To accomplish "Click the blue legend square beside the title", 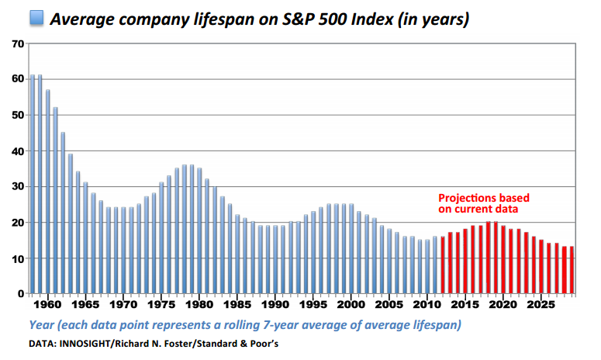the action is coord(36,18).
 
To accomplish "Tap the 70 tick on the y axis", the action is coord(18,44).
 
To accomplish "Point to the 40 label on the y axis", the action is coord(18,151).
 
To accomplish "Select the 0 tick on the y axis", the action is coord(21,294).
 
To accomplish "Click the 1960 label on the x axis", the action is coord(47,305).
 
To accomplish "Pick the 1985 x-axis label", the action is coord(237,305).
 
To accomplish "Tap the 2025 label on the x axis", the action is coord(541,305).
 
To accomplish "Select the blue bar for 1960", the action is coord(48,192).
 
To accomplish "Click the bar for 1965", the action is coord(85,238).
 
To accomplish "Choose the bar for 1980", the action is coord(199,230).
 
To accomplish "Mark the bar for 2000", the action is coord(351,249).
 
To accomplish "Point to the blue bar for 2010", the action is coord(427,267).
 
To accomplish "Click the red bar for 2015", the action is coord(465,261).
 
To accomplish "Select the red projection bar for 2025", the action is coord(541,267).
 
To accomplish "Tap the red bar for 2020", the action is coord(503,260).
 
